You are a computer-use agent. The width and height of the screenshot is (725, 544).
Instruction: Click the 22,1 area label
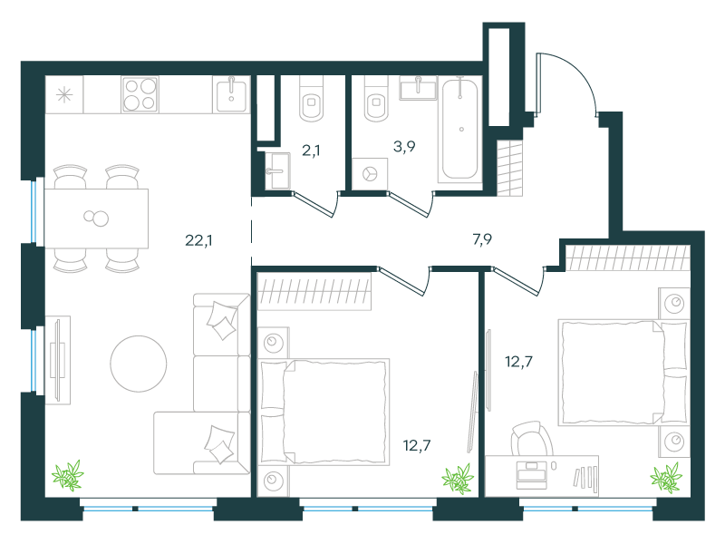click(x=198, y=240)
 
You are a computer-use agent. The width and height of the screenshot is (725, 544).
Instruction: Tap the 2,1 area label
click(x=311, y=151)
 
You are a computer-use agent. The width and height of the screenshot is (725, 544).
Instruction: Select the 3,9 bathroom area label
click(x=404, y=147)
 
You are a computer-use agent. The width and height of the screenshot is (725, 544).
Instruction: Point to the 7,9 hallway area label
click(x=482, y=239)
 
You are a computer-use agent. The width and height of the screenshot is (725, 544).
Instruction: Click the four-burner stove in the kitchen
click(x=140, y=94)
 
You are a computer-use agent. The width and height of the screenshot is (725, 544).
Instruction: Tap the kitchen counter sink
click(x=231, y=94)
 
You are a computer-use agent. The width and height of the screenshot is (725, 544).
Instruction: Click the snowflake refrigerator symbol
click(x=64, y=95)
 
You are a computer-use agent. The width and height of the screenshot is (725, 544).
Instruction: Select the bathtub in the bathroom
click(x=460, y=129)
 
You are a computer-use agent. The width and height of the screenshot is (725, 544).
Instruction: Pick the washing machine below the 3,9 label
click(x=370, y=174)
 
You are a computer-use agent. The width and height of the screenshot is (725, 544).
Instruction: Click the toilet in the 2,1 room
click(x=312, y=99)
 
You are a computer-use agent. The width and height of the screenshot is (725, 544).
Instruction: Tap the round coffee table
click(x=139, y=364)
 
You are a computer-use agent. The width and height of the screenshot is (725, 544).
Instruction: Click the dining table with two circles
click(x=96, y=219)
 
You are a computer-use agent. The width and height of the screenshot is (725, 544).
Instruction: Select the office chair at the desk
click(x=532, y=439)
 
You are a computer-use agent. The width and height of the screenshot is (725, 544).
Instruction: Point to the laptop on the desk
click(x=532, y=474)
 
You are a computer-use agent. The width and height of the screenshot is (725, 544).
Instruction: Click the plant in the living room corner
click(x=67, y=475)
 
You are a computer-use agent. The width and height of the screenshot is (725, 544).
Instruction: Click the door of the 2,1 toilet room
click(x=314, y=205)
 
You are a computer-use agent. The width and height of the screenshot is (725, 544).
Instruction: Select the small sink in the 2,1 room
click(x=277, y=171)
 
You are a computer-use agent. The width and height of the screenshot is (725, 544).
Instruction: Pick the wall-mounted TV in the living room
click(x=57, y=360)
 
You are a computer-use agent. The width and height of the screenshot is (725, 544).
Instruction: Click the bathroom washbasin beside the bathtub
click(x=418, y=88)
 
